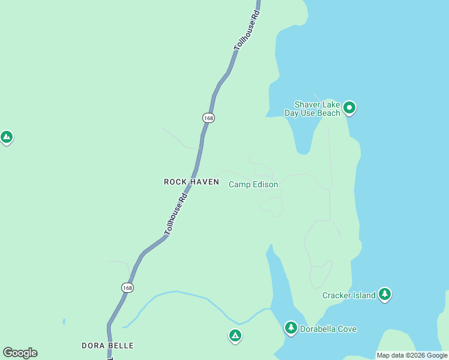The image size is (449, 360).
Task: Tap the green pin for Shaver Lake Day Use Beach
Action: [x=349, y=108]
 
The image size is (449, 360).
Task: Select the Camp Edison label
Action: [x=253, y=184]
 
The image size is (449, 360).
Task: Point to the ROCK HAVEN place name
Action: [x=191, y=181]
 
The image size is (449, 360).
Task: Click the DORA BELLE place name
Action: [x=107, y=346]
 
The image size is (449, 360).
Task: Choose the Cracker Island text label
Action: [x=349, y=295]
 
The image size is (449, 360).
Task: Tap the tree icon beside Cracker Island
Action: [x=385, y=295]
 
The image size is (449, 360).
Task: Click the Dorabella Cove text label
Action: [x=328, y=329]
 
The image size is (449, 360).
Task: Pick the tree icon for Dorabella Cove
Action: [x=291, y=328]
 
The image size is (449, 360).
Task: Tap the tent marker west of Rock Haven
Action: [x=7, y=137]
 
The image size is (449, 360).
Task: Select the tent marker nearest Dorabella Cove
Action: [x=235, y=335]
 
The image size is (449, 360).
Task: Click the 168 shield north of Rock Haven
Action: [x=208, y=118]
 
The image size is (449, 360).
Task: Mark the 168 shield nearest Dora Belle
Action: [x=127, y=288]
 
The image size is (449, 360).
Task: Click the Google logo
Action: [x=20, y=353]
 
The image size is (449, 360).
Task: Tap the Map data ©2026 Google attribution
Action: [x=412, y=355]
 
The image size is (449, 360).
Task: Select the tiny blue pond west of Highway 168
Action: [x=64, y=322]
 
